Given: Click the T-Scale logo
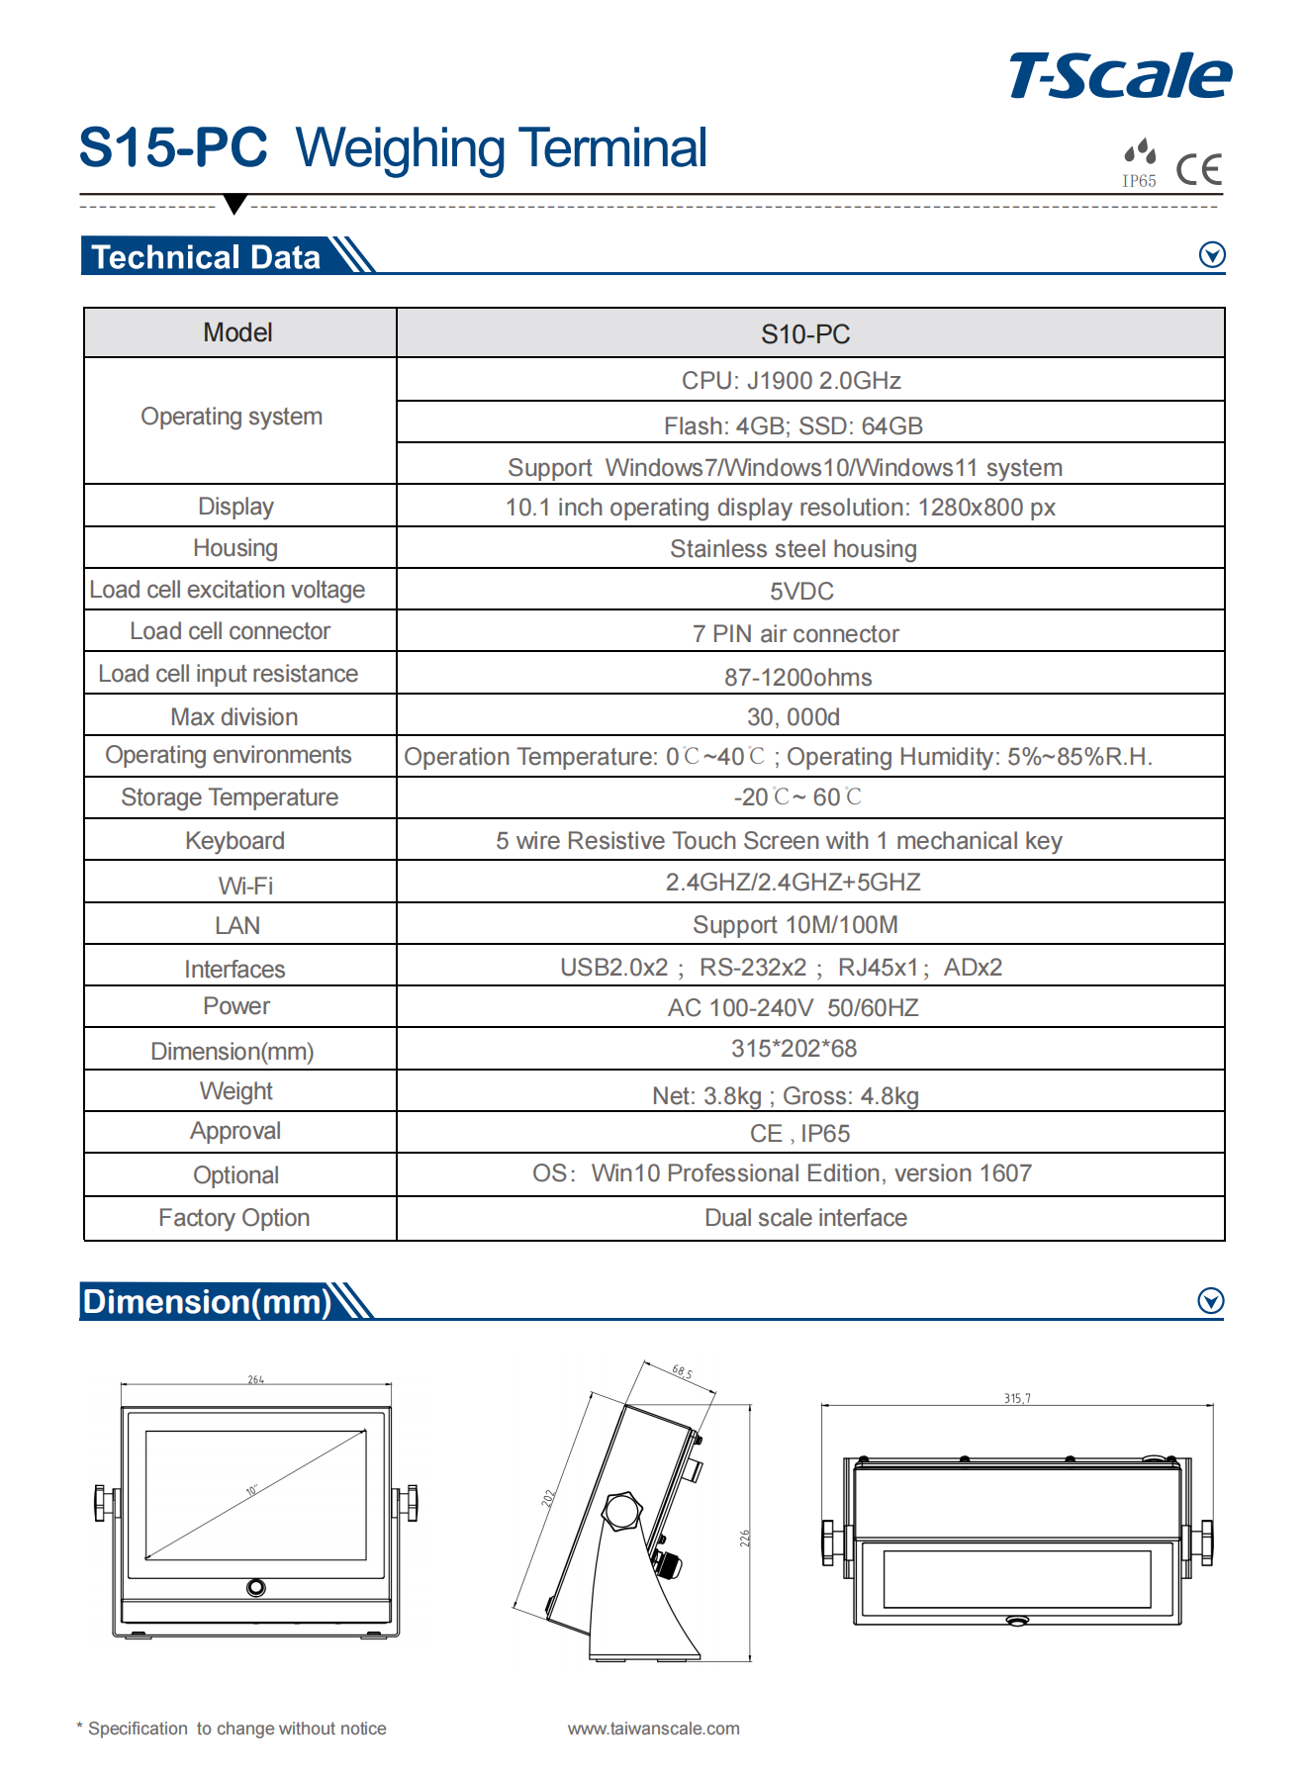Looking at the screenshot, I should tap(1120, 76).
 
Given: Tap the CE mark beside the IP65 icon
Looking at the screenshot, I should tap(1199, 169).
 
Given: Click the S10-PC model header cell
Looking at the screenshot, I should tap(805, 334).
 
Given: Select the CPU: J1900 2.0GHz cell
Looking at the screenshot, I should tap(791, 381).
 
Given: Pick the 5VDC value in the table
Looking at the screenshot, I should tap(801, 592).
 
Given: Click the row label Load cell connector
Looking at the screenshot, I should tap(230, 631).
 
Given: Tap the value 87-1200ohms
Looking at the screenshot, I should tap(797, 678).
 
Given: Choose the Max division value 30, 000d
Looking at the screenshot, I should tap(794, 717).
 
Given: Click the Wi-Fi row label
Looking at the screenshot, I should tap(245, 886).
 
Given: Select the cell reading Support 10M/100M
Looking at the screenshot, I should tap(795, 925).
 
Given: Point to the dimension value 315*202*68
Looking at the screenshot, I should tap(794, 1049).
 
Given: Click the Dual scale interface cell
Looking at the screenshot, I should tap(805, 1218).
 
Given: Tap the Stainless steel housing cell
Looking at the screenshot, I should tap(794, 549).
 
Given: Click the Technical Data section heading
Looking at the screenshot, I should tap(206, 257).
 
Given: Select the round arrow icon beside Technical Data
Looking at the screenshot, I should tap(1212, 255).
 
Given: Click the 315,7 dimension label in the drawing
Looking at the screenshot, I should tap(1017, 1398).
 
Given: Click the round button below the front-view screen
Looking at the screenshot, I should tap(256, 1587).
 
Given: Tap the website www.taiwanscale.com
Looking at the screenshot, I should tap(653, 1729).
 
